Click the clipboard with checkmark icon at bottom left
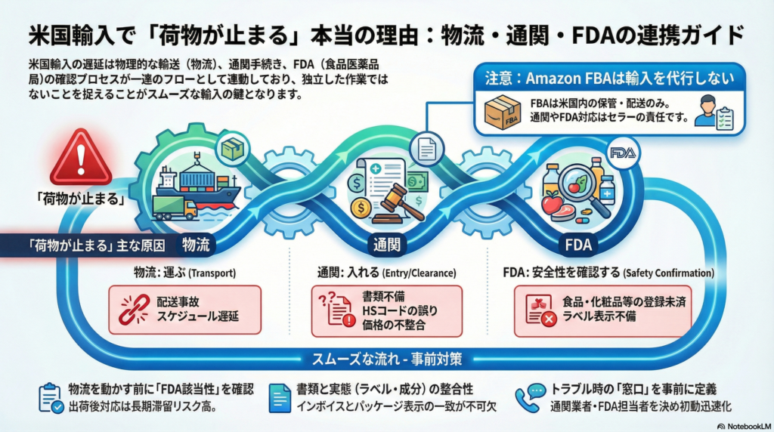click(x=49, y=397)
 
